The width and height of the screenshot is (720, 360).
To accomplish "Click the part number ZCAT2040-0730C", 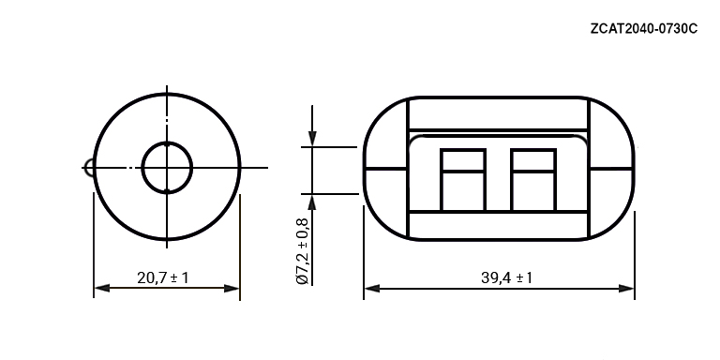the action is [x=644, y=28].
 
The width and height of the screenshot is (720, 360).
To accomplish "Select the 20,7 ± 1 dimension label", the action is [x=162, y=277].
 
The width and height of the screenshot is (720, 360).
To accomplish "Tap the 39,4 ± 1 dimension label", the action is [x=506, y=277].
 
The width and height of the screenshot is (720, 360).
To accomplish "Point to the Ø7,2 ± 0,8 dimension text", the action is [x=303, y=250].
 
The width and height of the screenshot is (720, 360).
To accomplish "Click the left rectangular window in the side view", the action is [x=463, y=180].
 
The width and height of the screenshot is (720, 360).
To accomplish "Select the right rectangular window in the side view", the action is [x=533, y=180].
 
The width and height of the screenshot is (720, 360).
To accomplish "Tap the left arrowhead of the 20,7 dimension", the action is [x=101, y=289].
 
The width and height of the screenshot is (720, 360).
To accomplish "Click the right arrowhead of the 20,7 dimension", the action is [x=232, y=289].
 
